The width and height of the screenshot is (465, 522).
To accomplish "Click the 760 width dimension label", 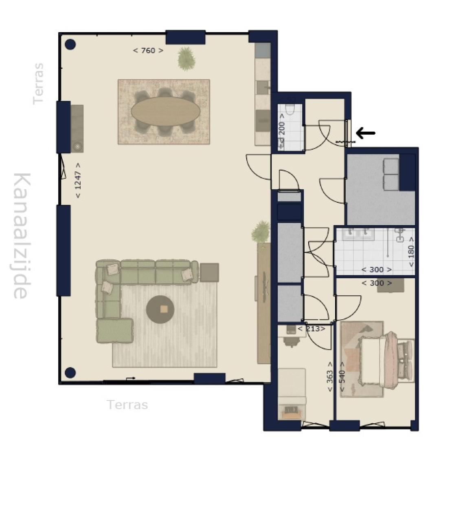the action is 148,51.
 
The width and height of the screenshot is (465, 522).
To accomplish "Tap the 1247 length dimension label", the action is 78,180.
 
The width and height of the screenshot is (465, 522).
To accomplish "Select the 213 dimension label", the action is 311,329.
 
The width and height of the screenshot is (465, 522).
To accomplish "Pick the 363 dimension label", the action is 330,377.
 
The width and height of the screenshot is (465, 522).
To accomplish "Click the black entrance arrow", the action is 365,133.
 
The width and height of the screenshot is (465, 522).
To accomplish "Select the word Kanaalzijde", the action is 22,236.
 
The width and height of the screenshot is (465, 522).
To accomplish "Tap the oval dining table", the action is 165,111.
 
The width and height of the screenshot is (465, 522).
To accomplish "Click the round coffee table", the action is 160,310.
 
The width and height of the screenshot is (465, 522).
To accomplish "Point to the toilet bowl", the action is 291,109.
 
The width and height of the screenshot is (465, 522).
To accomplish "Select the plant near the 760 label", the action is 186,58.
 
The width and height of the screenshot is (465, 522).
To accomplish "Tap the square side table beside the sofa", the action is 209,272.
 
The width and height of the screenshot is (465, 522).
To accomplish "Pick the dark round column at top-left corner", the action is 70,44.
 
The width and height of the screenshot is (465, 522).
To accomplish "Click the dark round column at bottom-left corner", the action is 70,373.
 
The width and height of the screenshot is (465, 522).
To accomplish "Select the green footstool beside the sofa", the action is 115,331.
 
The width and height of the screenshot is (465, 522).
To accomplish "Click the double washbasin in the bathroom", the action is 358,234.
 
